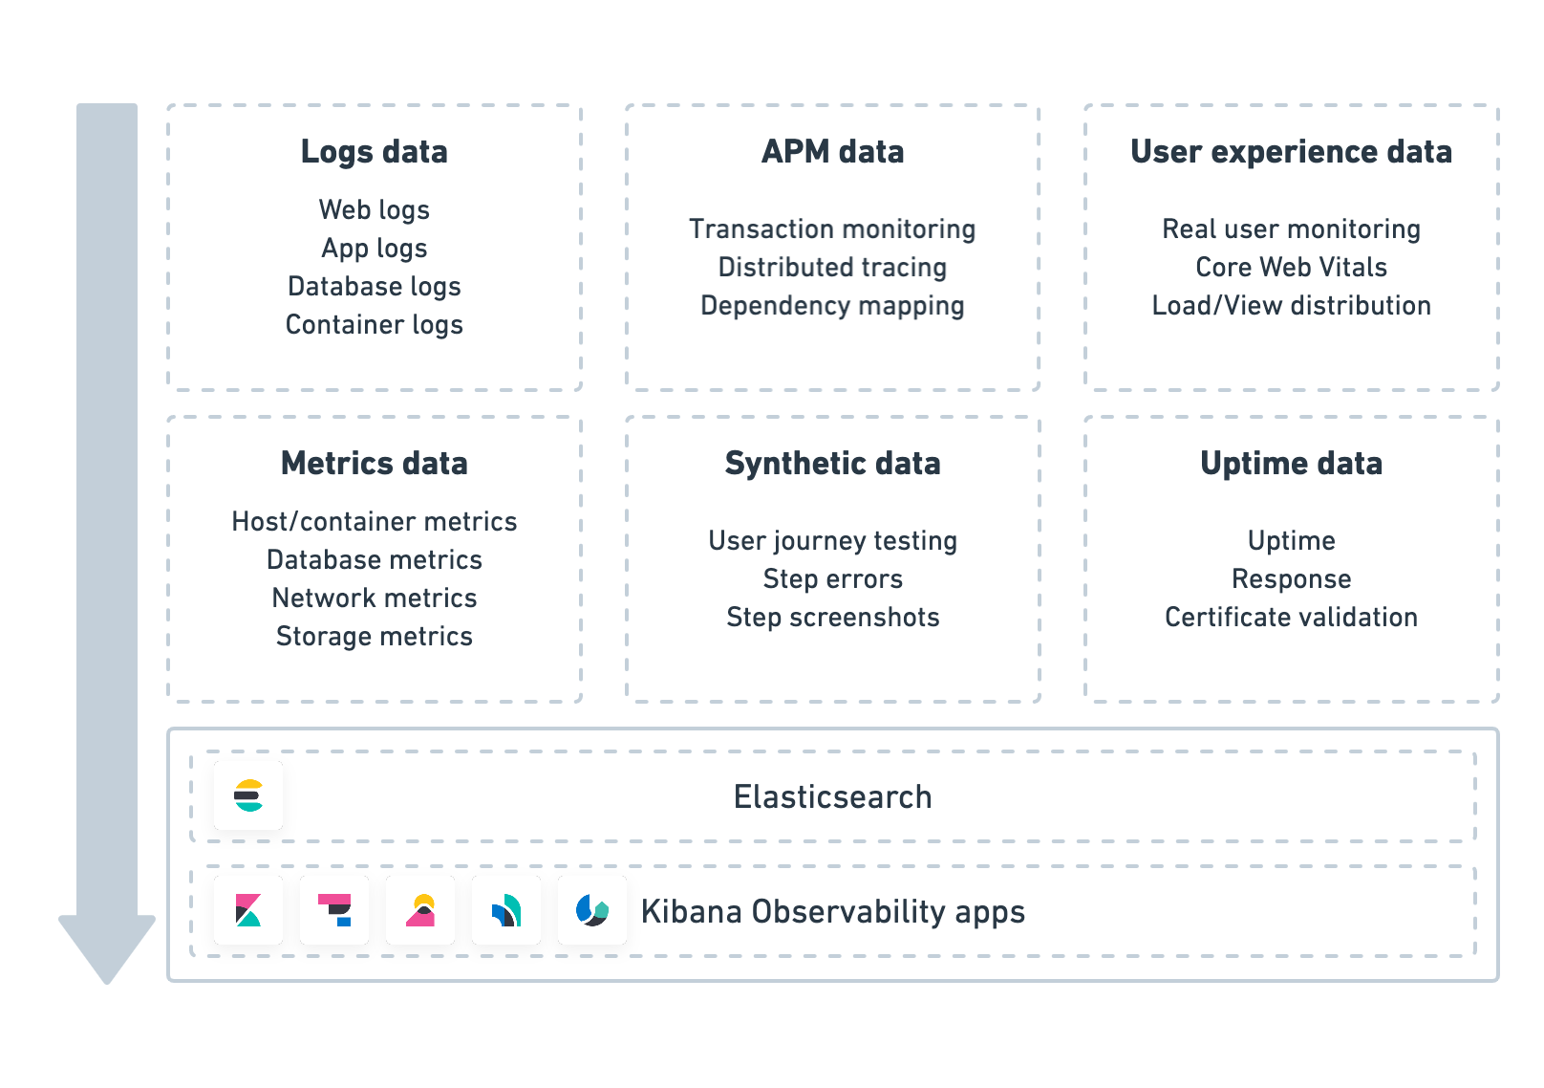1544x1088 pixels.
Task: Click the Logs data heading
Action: tap(374, 152)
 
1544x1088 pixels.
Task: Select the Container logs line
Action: tap(374, 325)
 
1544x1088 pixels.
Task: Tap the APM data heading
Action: tap(832, 152)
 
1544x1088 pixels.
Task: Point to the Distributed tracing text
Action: tap(832, 268)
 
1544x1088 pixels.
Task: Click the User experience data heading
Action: tap(1291, 152)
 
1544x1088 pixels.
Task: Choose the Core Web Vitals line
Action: tap(1291, 268)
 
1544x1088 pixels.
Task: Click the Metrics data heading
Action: tap(374, 464)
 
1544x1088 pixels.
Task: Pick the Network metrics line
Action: tap(374, 598)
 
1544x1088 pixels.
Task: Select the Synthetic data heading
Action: tap(832, 464)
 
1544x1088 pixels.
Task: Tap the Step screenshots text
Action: tap(832, 618)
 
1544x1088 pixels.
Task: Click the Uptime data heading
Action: tap(1291, 464)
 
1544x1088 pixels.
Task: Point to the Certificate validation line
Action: tap(1291, 618)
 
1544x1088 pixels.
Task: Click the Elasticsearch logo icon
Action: tap(248, 795)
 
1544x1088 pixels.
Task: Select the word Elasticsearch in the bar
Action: tap(832, 796)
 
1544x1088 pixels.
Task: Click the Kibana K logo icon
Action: tap(248, 910)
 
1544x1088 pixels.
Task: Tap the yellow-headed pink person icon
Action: tap(420, 910)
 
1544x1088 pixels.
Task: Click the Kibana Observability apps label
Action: tap(832, 911)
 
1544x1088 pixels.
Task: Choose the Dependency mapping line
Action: tap(832, 306)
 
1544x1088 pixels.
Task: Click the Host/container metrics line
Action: tap(374, 522)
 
